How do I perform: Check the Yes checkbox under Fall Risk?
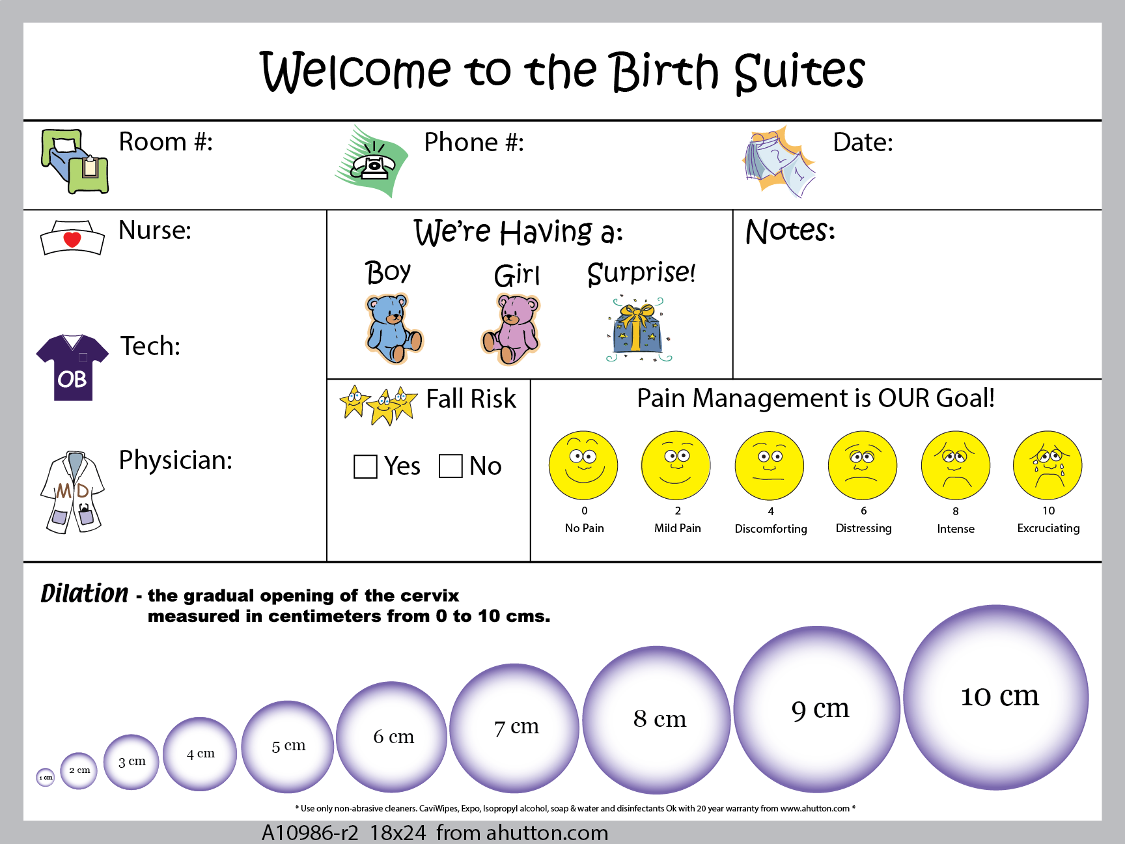click(x=365, y=466)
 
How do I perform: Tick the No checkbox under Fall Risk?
click(x=451, y=466)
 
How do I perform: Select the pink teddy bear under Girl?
click(x=511, y=329)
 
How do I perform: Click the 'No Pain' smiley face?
click(x=583, y=465)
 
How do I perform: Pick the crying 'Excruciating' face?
click(x=1048, y=465)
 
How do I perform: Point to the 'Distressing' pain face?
click(x=863, y=465)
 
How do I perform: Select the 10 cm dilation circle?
click(x=996, y=697)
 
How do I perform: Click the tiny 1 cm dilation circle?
click(x=46, y=777)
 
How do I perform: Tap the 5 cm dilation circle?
click(x=288, y=747)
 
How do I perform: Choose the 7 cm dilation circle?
click(x=514, y=728)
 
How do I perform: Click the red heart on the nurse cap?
click(x=72, y=240)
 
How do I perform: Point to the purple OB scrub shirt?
click(x=72, y=367)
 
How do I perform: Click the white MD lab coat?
click(x=72, y=492)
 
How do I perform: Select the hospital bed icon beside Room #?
click(x=75, y=162)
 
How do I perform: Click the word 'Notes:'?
click(x=790, y=231)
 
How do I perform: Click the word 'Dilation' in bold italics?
click(x=85, y=593)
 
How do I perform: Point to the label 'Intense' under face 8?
click(x=956, y=529)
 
